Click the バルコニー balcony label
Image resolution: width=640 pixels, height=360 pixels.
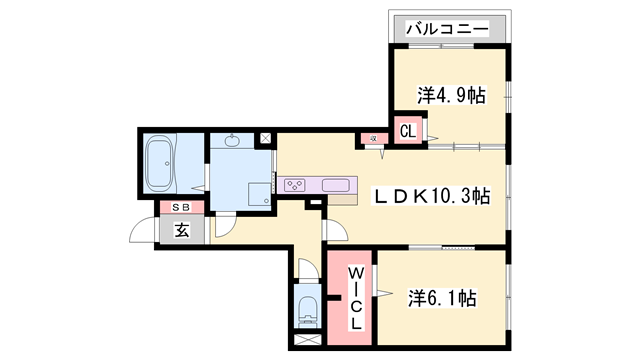point(446,30)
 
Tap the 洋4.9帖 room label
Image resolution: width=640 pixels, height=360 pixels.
point(451,97)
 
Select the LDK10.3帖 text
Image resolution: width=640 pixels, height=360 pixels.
point(432,196)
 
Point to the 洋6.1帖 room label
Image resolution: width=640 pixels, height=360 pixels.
point(441,298)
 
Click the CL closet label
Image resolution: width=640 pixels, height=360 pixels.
point(408,130)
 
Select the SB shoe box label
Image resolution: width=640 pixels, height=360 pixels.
point(182,207)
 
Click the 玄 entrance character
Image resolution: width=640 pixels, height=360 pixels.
point(182,229)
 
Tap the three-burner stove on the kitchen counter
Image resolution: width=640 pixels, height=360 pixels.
point(296,184)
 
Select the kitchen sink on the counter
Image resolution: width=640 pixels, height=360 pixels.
point(334,184)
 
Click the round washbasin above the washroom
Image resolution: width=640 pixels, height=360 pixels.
point(233,141)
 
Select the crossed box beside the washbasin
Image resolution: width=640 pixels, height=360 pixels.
point(265,138)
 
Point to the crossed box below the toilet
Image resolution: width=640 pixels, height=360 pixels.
point(307,341)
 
